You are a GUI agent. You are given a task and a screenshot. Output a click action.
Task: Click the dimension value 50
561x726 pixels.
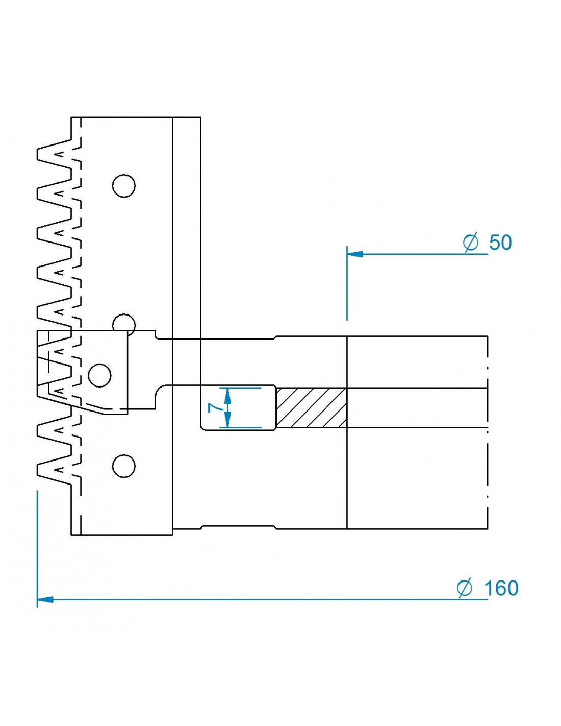[500, 243]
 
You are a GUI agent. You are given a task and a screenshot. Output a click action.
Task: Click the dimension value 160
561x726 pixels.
[501, 588]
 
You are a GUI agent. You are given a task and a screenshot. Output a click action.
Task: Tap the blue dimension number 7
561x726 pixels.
[215, 407]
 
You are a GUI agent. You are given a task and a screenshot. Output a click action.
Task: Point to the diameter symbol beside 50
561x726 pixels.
[471, 242]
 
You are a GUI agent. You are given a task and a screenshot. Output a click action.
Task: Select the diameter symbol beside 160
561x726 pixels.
[465, 588]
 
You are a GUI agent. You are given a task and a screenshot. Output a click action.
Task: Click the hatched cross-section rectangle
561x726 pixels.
[311, 407]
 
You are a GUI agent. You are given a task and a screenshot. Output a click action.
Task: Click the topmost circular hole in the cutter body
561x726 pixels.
[123, 186]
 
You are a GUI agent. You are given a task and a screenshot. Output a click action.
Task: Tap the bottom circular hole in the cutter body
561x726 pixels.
[123, 466]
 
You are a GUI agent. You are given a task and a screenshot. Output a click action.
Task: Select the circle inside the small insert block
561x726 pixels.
[99, 375]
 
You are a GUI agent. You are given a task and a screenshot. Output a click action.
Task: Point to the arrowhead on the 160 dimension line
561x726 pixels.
[45, 599]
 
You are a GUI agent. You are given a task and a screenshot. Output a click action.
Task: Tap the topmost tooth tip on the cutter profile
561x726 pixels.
[39, 154]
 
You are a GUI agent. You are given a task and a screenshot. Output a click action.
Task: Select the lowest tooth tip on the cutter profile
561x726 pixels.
[39, 469]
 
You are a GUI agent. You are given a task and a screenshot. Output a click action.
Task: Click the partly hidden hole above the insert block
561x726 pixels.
[123, 323]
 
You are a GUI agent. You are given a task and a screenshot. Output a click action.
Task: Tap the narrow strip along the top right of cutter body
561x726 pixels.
[187, 225]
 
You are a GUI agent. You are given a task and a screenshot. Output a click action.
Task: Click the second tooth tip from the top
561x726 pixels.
[39, 193]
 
